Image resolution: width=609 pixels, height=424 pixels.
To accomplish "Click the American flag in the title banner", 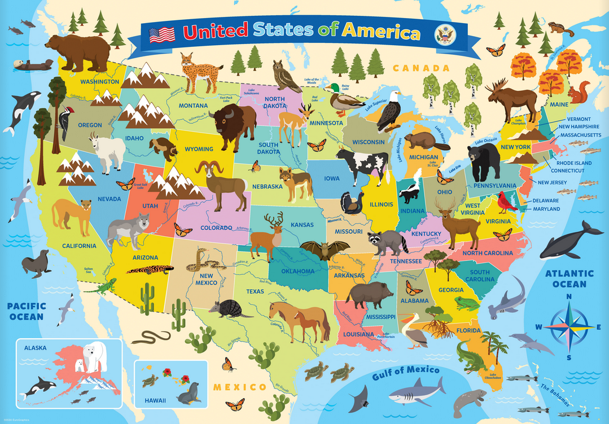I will [x=161, y=35].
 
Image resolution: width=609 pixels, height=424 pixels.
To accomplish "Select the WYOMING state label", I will [x=199, y=149].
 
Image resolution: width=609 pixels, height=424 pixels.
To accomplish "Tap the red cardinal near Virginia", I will [x=506, y=202].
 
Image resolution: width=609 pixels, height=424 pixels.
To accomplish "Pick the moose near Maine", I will [x=510, y=98].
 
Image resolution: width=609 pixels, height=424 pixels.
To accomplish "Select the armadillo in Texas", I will [x=228, y=308].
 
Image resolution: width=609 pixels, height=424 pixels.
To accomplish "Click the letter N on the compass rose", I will [x=569, y=297].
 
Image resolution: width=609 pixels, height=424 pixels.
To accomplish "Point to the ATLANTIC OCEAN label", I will [x=569, y=278].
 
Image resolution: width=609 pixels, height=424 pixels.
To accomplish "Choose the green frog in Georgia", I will [x=466, y=303].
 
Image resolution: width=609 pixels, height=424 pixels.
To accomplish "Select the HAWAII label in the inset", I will [x=155, y=400].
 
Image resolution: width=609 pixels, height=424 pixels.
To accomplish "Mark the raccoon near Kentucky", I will [x=387, y=242].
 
